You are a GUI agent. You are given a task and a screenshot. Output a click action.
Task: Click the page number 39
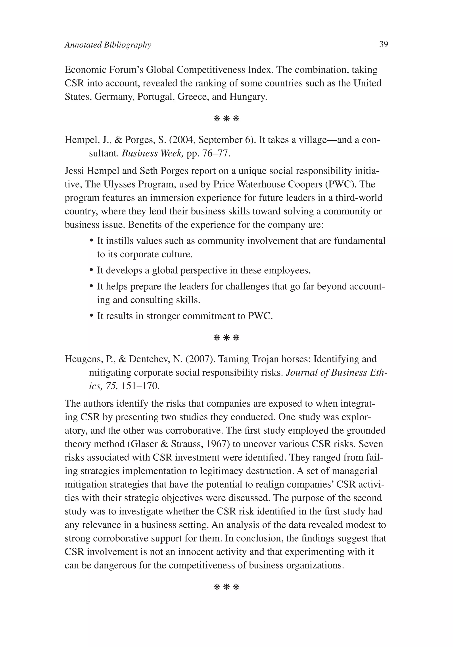[383, 44]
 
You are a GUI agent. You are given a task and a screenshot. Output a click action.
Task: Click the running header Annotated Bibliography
[108, 45]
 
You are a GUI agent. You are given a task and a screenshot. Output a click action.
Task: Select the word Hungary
[248, 97]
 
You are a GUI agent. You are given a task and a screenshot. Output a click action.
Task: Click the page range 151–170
[140, 386]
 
